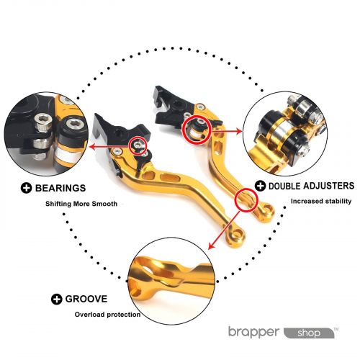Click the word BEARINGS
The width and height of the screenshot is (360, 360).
60,188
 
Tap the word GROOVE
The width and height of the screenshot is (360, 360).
86,299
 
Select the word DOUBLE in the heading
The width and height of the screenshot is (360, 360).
284,186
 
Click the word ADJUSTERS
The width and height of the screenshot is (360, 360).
328,186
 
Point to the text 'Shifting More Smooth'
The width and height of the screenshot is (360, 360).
81,204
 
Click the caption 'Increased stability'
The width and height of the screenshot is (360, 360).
321,201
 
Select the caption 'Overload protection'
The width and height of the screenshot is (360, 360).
107,315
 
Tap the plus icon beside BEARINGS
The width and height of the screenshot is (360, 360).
26,188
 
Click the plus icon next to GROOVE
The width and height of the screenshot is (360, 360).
57,300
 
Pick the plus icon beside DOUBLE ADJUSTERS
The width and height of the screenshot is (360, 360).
260,186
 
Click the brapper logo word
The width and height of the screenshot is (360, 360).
254,333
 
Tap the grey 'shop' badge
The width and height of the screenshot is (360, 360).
309,333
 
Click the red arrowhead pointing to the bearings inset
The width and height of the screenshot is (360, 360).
92,147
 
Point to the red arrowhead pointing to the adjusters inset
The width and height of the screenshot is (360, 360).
239,131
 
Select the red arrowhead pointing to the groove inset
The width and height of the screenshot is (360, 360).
211,246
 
